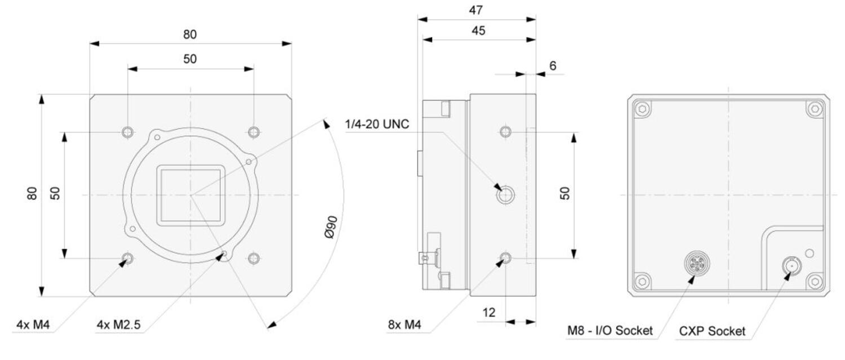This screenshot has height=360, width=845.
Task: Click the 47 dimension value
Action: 475,10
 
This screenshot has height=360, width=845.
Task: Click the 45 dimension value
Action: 478,30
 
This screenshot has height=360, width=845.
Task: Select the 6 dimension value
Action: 553,66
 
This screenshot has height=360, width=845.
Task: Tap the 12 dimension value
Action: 489,313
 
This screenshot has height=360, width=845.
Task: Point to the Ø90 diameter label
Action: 331,227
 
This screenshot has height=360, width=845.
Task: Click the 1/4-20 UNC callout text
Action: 377,124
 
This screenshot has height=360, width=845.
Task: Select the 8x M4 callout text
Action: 404,325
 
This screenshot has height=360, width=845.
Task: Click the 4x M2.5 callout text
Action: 118,325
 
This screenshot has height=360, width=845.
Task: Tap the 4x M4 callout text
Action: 33,325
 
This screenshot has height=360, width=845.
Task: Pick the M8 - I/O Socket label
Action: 610,331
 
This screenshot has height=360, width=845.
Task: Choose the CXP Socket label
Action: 712,331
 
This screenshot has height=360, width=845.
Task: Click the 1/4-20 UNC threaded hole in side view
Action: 505,195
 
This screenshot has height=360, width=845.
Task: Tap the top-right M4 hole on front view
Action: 254,132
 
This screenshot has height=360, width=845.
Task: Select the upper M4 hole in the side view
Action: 505,132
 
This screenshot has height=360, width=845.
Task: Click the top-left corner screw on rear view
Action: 642,109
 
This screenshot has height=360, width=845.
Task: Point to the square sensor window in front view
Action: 190,195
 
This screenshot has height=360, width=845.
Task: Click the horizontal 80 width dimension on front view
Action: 190,43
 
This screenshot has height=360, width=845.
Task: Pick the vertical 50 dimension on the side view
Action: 574,195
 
